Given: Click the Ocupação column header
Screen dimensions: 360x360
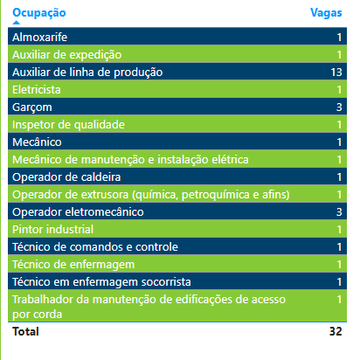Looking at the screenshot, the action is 39,13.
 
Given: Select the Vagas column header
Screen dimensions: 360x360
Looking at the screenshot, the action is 326,13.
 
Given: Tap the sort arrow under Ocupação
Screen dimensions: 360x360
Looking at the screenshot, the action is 17,23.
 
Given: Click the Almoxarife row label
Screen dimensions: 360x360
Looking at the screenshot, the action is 39,37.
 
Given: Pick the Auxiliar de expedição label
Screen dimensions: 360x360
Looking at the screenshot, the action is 66,55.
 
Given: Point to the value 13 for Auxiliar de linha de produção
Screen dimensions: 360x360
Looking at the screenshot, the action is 336,73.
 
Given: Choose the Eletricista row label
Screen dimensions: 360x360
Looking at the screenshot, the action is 37,90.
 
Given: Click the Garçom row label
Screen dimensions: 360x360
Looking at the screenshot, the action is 32,107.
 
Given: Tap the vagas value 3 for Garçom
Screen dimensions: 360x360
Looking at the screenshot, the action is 339,107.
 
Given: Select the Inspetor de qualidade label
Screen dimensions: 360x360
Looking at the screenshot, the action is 68,125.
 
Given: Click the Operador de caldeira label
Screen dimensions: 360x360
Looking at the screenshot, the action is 66,177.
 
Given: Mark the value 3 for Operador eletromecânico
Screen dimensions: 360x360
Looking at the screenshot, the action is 339,212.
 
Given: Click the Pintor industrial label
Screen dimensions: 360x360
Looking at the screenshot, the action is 52,230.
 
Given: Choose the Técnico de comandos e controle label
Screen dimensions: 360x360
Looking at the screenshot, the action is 95,247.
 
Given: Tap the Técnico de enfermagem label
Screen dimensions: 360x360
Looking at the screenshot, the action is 73,265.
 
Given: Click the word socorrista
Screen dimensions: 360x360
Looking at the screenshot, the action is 166,282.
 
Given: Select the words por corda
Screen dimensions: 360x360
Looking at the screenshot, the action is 37,315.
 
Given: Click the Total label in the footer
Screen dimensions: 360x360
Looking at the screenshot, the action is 25,331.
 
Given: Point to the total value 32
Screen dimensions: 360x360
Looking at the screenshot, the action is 336,331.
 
